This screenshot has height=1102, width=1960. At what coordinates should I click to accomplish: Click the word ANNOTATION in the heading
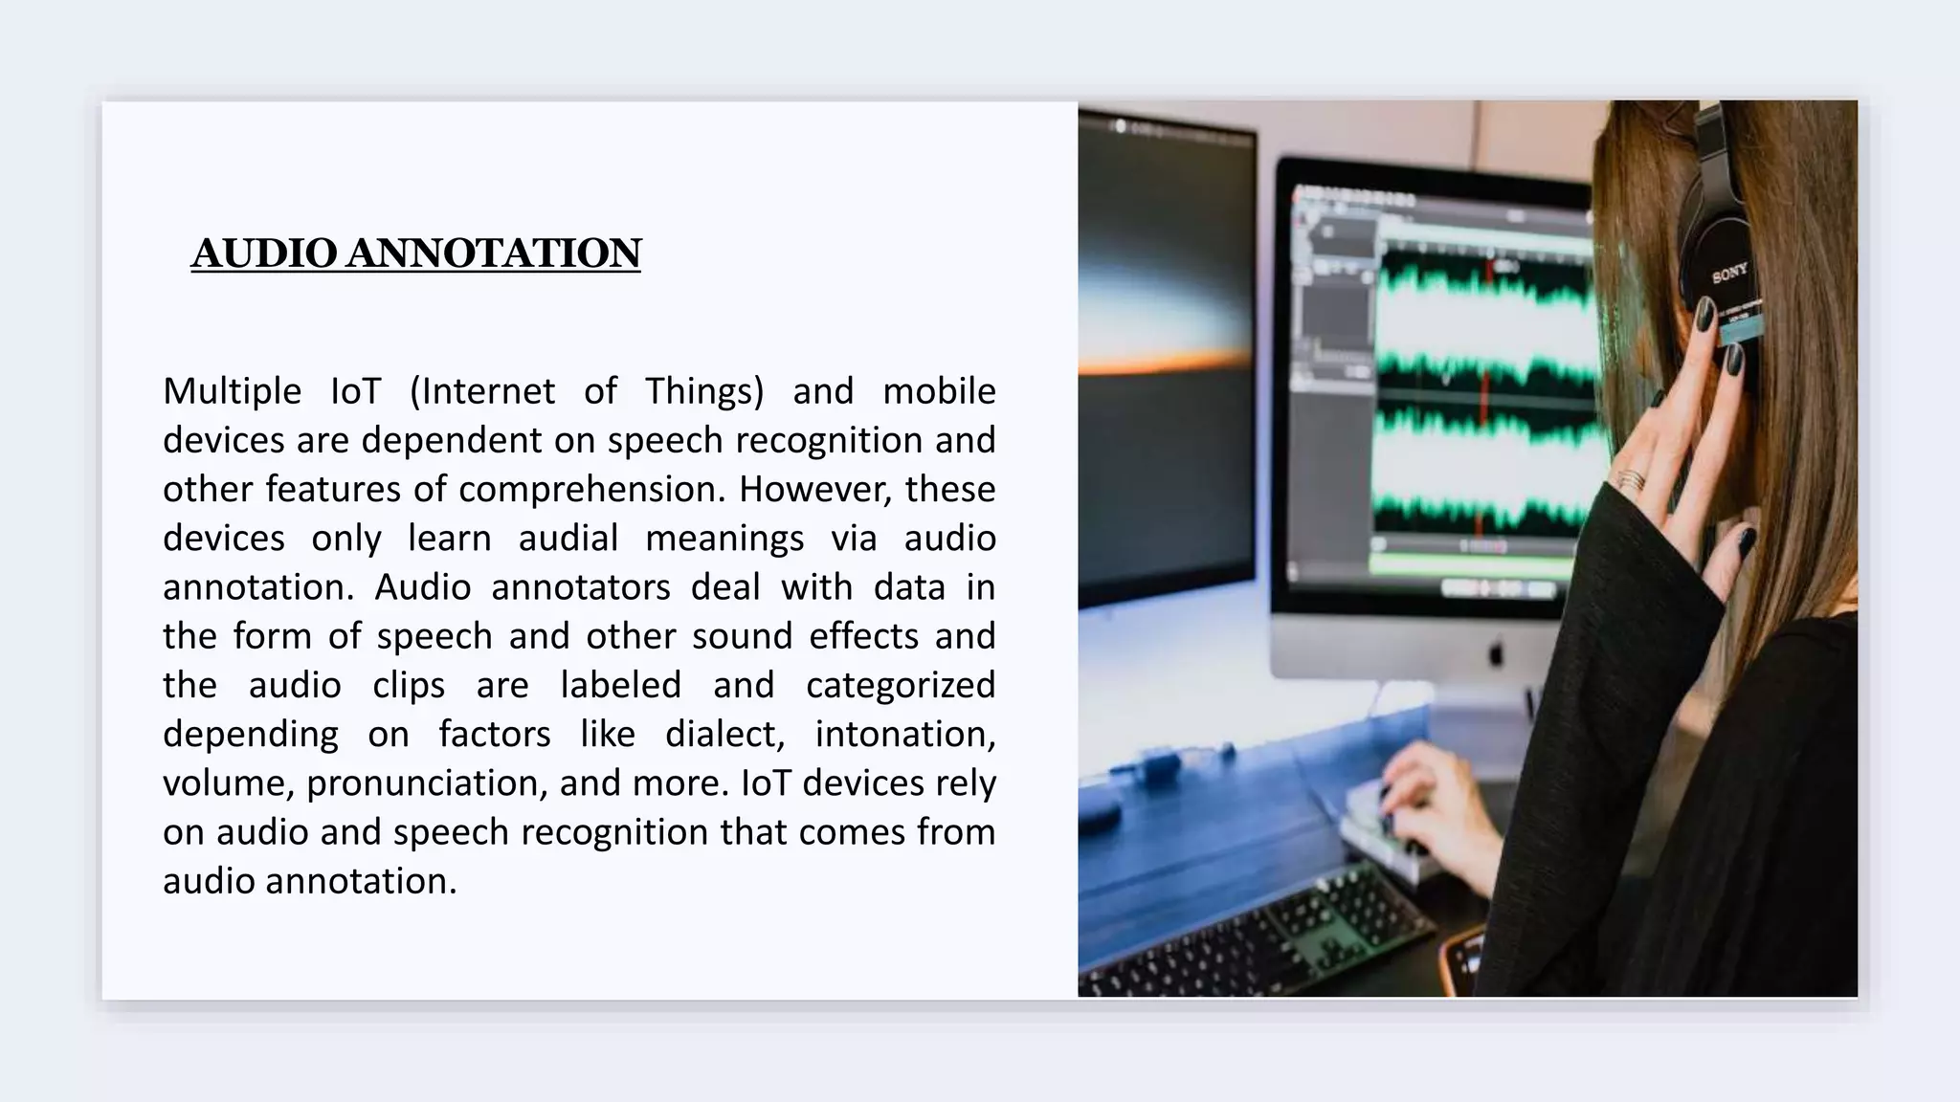(x=493, y=253)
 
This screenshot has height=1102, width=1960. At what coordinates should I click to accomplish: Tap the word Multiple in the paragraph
(x=232, y=391)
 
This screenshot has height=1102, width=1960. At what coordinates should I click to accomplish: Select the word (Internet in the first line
(x=482, y=391)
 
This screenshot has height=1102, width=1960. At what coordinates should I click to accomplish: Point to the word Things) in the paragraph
(x=704, y=391)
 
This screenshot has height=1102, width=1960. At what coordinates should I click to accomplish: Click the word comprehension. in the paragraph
(x=591, y=490)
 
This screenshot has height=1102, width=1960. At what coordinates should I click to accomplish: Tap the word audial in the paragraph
(x=568, y=539)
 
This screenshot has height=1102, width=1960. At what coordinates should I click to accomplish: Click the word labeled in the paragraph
(x=621, y=686)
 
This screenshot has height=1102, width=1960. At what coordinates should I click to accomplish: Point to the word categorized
(x=901, y=686)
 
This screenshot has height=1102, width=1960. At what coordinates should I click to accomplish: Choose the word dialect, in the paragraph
(x=724, y=735)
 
